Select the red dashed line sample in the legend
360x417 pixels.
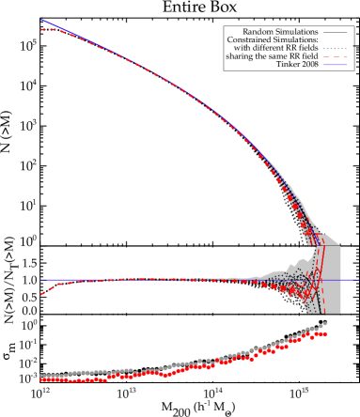tap(335, 56)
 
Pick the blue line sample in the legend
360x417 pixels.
tap(335, 65)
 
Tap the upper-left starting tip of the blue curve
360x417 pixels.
tap(41, 20)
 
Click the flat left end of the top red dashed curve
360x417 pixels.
tap(43, 30)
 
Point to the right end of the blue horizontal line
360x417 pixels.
tap(357, 280)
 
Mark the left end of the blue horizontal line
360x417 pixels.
tap(40, 280)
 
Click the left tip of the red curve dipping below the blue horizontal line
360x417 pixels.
tap(41, 295)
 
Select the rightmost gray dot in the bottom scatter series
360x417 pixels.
tap(325, 324)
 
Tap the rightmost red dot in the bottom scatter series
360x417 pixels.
tap(324, 334)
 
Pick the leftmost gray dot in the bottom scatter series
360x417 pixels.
tap(41, 377)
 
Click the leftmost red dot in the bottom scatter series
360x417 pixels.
tap(41, 379)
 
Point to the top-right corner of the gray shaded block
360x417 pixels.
tap(339, 246)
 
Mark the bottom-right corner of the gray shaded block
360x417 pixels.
tap(339, 313)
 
